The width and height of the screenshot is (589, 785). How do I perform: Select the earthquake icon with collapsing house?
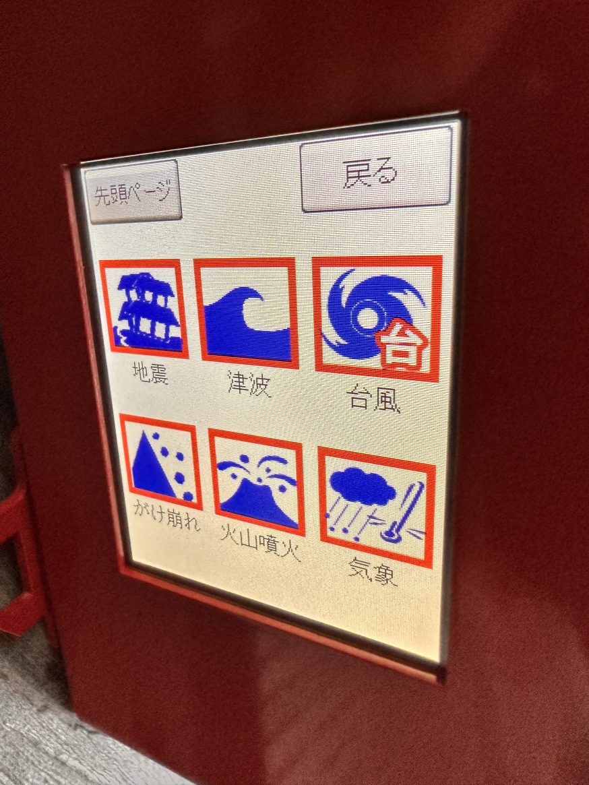click(144, 309)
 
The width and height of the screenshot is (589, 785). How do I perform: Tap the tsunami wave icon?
click(246, 313)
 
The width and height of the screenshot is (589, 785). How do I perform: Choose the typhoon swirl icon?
click(377, 318)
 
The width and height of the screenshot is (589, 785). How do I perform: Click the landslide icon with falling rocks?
click(161, 462)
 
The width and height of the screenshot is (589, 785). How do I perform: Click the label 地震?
click(150, 373)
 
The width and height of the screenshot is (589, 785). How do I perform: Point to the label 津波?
click(249, 384)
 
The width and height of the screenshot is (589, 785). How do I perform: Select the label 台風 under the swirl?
click(373, 399)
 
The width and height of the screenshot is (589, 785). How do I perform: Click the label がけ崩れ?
click(166, 516)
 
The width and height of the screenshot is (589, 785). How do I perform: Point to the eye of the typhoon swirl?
click(367, 318)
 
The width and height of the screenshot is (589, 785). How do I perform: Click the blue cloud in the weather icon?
click(362, 486)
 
